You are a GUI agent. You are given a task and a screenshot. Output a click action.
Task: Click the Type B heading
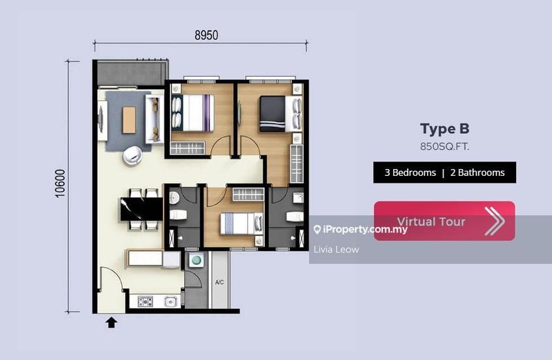point(444,129)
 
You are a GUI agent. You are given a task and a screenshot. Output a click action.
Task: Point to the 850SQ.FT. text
point(444,146)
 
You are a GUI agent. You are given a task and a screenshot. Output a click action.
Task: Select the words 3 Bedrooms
point(405,172)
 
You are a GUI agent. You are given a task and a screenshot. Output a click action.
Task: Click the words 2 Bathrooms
point(477,172)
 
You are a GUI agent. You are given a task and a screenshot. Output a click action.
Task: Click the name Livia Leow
point(336,249)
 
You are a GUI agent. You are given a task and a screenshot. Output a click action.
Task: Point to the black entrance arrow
point(111,321)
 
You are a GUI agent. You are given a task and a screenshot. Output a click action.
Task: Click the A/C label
point(219,282)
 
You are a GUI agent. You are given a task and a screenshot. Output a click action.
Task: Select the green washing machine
point(196,261)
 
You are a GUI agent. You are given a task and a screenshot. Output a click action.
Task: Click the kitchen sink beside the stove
point(170,301)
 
